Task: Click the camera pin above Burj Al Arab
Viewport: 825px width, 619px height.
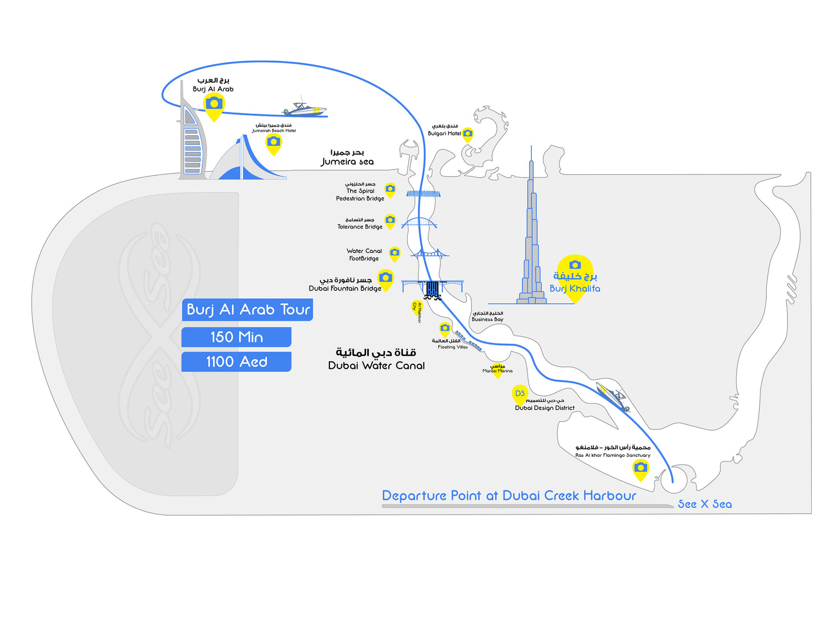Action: (x=214, y=104)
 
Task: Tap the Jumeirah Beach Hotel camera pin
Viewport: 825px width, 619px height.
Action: (x=273, y=142)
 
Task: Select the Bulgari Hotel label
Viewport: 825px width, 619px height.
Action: (x=444, y=133)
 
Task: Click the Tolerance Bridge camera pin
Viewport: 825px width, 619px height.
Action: (x=390, y=220)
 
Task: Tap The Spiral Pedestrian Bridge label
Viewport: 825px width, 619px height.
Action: (x=360, y=194)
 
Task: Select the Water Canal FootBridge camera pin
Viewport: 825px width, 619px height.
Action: (x=395, y=252)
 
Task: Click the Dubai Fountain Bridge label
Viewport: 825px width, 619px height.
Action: (x=345, y=288)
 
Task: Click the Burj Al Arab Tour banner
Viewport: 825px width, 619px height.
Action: (x=248, y=309)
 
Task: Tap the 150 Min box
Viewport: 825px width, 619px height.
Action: (x=236, y=337)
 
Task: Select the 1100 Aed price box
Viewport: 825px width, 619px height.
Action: (x=236, y=361)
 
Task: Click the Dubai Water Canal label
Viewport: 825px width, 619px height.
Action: (x=376, y=365)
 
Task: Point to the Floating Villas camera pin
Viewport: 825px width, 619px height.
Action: (x=445, y=328)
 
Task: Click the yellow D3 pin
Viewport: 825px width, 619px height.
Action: (x=520, y=394)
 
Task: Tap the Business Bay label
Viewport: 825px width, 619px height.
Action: (x=488, y=319)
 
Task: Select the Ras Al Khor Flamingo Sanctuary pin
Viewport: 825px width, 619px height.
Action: (x=641, y=469)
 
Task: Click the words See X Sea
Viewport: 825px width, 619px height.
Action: (x=705, y=504)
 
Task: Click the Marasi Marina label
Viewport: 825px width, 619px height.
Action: (x=497, y=371)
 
